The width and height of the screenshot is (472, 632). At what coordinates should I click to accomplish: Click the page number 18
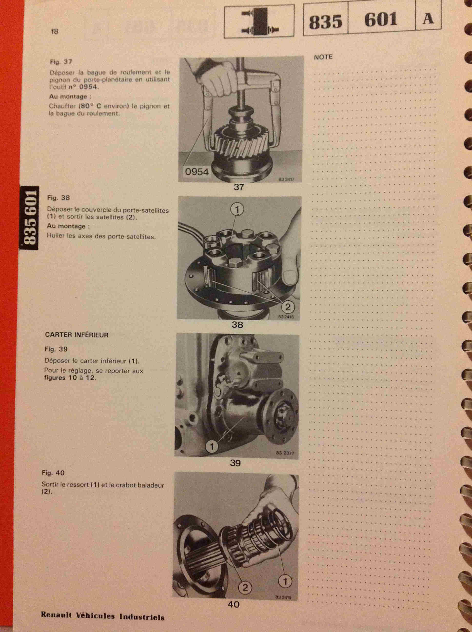[54, 31]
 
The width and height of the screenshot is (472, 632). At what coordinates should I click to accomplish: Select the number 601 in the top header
[381, 20]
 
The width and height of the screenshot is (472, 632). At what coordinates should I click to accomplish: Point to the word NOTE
[323, 57]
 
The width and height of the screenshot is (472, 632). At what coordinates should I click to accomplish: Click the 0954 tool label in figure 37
[197, 172]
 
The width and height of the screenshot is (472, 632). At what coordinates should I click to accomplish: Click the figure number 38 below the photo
[237, 325]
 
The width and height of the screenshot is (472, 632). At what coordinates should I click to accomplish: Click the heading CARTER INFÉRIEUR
[77, 335]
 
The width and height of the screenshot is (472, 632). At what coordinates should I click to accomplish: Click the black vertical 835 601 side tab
[29, 218]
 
